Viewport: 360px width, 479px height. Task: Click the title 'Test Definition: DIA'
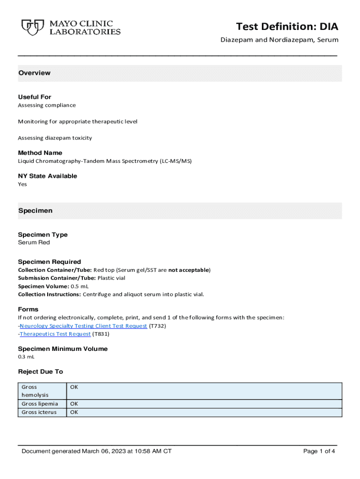tap(287, 26)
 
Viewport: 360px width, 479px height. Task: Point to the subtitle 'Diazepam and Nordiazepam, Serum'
tap(279, 40)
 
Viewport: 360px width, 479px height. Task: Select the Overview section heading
tap(34, 73)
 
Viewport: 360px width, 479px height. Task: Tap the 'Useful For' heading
tap(35, 97)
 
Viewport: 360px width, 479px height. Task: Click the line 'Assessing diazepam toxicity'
tap(55, 138)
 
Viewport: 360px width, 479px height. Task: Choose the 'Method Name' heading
tap(40, 153)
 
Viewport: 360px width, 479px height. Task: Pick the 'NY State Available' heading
tap(47, 176)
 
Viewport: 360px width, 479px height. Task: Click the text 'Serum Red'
tap(34, 243)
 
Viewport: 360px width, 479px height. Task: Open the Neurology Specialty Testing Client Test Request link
tap(83, 326)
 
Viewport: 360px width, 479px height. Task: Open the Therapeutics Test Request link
tap(55, 334)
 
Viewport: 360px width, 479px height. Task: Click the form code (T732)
tap(158, 326)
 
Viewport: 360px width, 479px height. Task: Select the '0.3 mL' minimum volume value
tap(26, 357)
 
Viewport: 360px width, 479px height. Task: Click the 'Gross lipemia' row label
tap(40, 404)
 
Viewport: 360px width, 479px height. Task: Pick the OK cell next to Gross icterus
tap(74, 412)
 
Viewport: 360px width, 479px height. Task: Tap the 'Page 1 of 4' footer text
tap(319, 451)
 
